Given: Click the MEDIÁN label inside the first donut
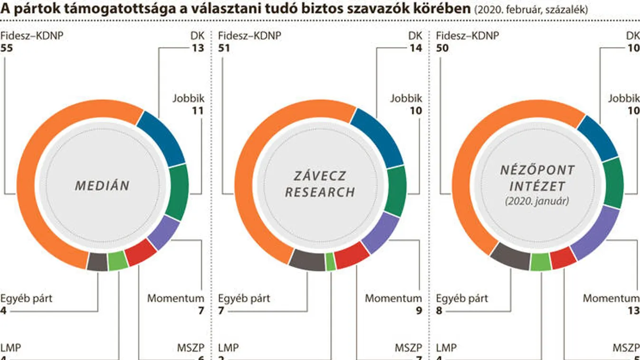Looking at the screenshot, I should pyautogui.click(x=102, y=185).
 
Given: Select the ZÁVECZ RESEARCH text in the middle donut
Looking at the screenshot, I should pyautogui.click(x=320, y=184).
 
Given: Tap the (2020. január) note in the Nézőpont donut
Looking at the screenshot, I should pyautogui.click(x=537, y=201).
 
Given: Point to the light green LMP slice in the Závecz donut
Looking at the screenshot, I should pyautogui.click(x=331, y=262).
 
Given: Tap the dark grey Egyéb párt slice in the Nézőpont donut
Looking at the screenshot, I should pyautogui.click(x=510, y=255).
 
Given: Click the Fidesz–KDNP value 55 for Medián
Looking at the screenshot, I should pyautogui.click(x=7, y=48).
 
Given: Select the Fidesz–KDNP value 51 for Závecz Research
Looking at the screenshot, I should pyautogui.click(x=224, y=48).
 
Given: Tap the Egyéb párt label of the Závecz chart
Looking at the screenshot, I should pyautogui.click(x=244, y=299).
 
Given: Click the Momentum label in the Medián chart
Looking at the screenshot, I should pyautogui.click(x=175, y=299).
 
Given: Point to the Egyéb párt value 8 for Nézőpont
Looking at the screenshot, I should pyautogui.click(x=439, y=311).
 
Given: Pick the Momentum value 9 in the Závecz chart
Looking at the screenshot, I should pyautogui.click(x=419, y=311).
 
